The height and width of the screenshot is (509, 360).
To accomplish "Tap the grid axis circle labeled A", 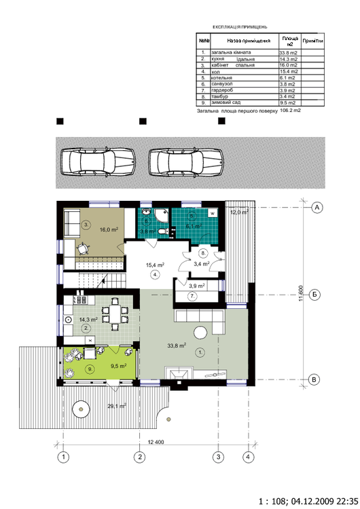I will point(317,208).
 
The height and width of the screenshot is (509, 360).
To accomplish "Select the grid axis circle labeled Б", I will point(317,295).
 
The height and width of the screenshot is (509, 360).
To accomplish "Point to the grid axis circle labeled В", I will point(317,379).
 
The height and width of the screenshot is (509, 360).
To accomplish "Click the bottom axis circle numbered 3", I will point(219,457).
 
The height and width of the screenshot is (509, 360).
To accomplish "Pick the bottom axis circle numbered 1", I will point(62,457).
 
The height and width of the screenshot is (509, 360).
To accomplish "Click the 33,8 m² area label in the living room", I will point(178,345).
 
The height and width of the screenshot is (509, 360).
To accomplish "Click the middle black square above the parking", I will point(143,121).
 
